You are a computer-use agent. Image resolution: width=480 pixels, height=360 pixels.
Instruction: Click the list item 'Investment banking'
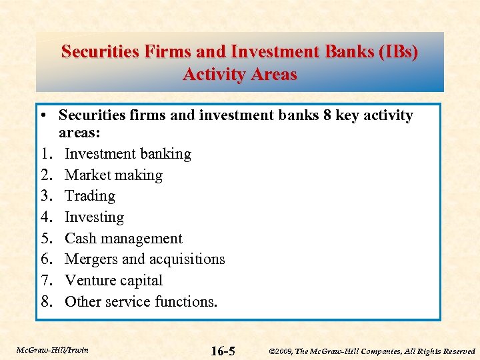[x=127, y=154]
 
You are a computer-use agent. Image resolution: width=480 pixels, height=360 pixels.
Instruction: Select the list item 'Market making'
[x=113, y=175]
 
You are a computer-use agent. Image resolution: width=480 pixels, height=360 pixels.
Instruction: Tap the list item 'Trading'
[x=90, y=196]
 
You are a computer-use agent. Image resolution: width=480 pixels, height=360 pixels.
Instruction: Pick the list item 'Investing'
[x=94, y=217]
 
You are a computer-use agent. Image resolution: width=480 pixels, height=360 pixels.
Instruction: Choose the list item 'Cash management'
[x=123, y=239]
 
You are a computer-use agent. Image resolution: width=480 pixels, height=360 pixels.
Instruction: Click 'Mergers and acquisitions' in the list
[x=145, y=259]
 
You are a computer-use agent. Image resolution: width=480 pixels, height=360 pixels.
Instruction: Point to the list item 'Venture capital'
[x=113, y=281]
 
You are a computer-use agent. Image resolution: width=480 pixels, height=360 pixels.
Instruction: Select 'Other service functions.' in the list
[x=141, y=302]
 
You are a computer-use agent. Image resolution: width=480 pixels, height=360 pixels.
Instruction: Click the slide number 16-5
[x=223, y=351]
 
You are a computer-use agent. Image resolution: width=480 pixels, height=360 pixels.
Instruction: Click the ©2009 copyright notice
[x=371, y=351]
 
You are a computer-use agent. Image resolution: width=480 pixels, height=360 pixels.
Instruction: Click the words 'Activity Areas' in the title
[x=239, y=74]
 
